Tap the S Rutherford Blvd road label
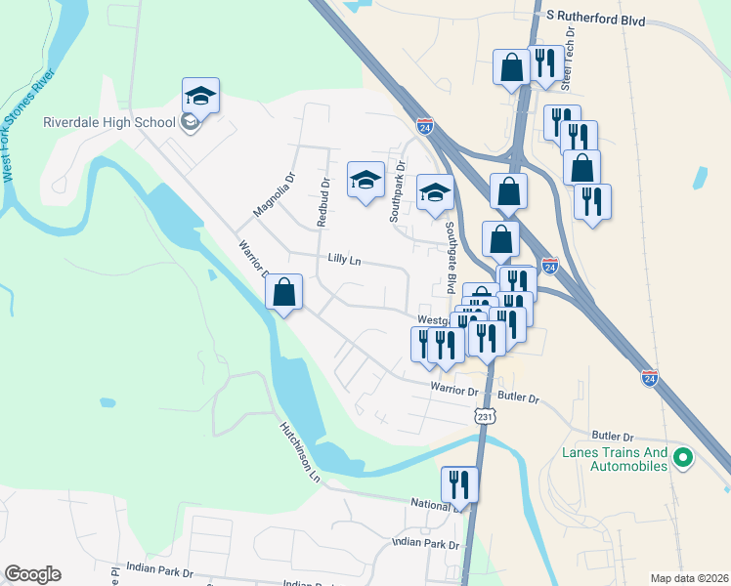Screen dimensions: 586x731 596,17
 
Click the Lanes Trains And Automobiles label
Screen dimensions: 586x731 616,459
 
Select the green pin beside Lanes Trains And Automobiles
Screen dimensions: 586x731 684,456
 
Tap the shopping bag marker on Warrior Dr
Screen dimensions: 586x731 283,291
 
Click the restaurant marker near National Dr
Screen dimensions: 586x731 458,483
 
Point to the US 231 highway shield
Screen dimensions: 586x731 487,416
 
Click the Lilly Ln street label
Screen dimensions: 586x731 345,260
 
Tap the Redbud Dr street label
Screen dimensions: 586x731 322,202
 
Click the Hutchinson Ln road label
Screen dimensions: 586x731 300,451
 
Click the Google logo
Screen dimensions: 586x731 31,574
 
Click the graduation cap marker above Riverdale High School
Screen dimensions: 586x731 200,95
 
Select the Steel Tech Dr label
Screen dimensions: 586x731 572,44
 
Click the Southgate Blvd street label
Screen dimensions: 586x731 451,256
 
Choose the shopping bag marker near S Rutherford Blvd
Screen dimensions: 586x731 511,67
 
